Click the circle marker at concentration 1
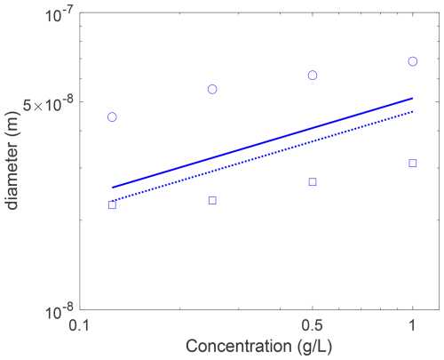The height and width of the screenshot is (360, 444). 413,57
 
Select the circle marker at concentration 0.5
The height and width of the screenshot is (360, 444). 313,71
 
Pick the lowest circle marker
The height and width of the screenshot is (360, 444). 112,113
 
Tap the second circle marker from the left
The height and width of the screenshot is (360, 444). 212,85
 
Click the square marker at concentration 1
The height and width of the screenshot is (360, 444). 413,160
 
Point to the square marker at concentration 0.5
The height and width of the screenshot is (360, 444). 313,179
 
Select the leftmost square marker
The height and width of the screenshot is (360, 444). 112,202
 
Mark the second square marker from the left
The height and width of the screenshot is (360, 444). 212,197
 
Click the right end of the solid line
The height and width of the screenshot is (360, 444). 413,98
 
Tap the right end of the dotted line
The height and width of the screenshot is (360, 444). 413,111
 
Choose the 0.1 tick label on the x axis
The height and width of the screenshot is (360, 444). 79,325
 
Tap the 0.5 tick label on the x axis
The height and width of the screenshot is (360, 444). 313,325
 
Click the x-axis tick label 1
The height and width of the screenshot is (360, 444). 412,325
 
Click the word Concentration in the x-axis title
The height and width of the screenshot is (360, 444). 239,346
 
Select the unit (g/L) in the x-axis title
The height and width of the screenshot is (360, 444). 313,347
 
